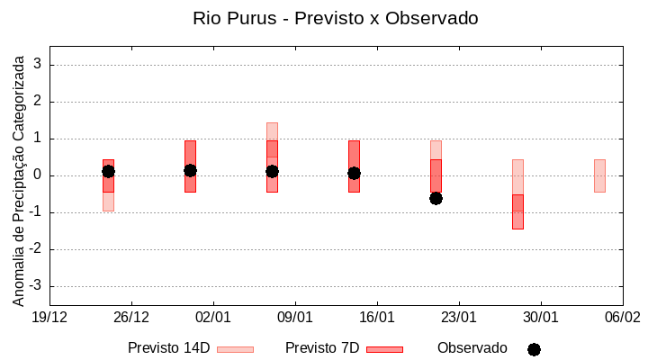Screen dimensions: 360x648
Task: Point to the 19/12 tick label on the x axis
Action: pos(49,318)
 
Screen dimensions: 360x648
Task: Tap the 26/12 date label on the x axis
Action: pos(131,318)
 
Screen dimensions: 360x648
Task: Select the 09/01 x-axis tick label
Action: pos(295,318)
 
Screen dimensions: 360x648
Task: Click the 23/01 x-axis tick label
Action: pos(459,318)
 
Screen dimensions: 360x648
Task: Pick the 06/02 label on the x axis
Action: pos(622,318)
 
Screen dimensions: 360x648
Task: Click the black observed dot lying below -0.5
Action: pos(436,198)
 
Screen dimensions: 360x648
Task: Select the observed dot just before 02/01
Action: pos(190,170)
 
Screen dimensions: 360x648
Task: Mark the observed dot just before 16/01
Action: pos(354,173)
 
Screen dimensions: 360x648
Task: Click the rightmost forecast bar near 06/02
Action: pos(599,175)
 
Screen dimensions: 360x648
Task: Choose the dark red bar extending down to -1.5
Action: pos(517,212)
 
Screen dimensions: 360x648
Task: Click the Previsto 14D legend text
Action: pos(168,348)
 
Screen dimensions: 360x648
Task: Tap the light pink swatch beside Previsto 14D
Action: pos(235,349)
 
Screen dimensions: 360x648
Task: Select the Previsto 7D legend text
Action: pos(322,348)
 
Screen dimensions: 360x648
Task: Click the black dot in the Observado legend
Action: pos(534,349)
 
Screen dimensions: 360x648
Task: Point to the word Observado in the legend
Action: pos(472,348)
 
